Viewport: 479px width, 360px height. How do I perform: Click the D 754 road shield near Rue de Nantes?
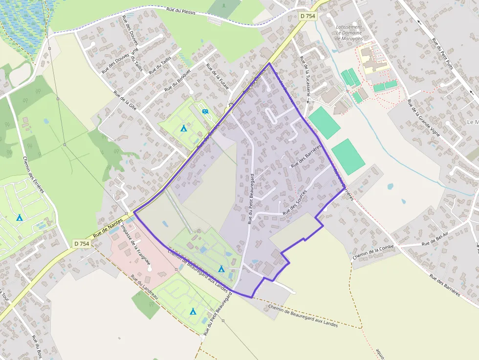(82, 243)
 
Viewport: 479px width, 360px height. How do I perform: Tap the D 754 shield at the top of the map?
(308, 16)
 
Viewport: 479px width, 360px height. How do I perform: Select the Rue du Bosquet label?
(177, 81)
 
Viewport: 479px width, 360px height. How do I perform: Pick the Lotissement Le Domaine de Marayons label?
(349, 33)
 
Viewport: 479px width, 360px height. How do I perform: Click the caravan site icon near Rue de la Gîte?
(206, 112)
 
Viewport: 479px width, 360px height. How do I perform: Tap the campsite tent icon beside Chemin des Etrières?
(19, 217)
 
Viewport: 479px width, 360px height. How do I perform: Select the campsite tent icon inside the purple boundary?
(221, 269)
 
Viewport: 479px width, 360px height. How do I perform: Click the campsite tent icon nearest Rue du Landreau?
(193, 311)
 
